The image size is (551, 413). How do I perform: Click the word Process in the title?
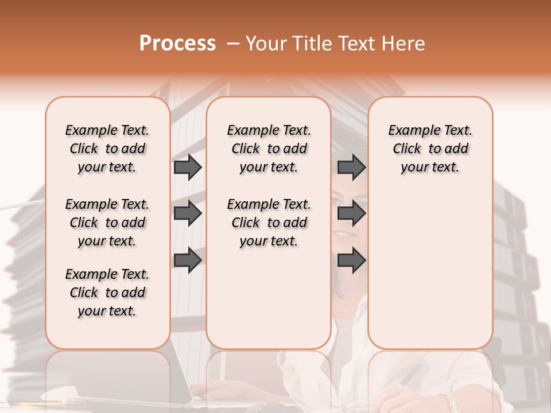click(x=177, y=43)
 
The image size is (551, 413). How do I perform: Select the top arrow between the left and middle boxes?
click(x=188, y=167)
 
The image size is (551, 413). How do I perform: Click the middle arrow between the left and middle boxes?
click(x=188, y=213)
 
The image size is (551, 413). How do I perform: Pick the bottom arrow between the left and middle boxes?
click(x=188, y=260)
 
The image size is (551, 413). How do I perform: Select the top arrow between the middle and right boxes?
click(x=351, y=167)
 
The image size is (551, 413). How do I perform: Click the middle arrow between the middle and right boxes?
click(x=351, y=213)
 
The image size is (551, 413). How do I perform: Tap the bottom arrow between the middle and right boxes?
click(x=351, y=260)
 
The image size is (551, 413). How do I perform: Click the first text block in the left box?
click(x=107, y=149)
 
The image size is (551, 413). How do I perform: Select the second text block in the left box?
click(x=107, y=223)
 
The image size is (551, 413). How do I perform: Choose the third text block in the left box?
click(x=107, y=293)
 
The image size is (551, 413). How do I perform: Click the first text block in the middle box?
click(x=269, y=149)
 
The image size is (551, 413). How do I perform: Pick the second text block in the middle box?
click(x=269, y=223)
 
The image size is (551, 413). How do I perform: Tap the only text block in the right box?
click(x=430, y=149)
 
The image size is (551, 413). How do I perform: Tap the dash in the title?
click(x=232, y=44)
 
